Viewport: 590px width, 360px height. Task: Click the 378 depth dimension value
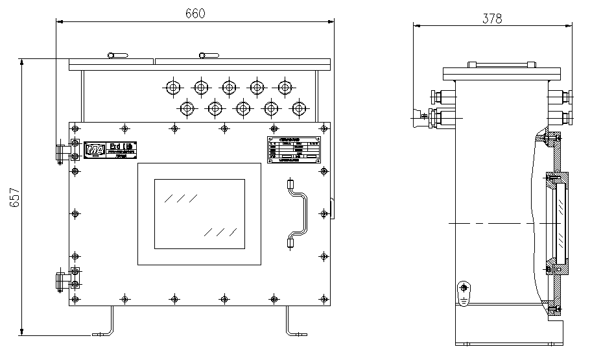tap(493, 19)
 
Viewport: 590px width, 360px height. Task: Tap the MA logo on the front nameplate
tap(95, 151)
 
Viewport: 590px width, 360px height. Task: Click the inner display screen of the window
tap(199, 214)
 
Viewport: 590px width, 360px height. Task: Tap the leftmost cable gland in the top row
tap(173, 86)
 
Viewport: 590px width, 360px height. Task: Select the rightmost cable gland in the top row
tap(284, 86)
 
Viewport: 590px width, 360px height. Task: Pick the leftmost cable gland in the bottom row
tap(187, 107)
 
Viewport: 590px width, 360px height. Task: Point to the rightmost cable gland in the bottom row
tap(298, 107)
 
